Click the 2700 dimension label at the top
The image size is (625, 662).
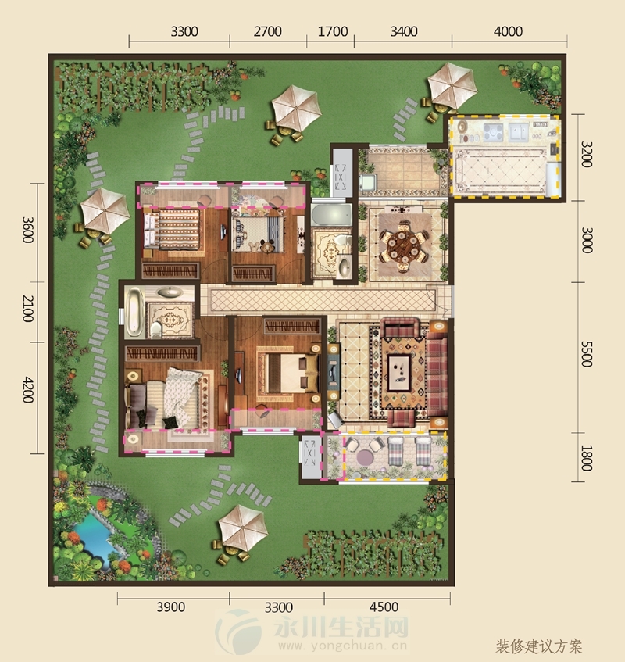[267, 32]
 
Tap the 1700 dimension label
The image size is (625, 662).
[333, 32]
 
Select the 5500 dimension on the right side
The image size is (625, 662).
[587, 355]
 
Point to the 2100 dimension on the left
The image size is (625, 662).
[28, 309]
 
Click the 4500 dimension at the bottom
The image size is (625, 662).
[384, 607]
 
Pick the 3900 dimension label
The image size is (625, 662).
[171, 607]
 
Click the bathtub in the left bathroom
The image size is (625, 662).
[134, 311]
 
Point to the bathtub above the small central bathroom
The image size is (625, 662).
[332, 215]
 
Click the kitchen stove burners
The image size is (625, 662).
[493, 131]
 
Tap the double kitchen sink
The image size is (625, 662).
[520, 132]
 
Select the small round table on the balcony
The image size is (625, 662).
[365, 456]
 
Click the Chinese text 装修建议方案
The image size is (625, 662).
[539, 646]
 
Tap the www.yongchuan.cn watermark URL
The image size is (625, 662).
[342, 646]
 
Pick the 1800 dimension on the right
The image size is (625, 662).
[587, 458]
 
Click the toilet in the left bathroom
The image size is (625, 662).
[155, 329]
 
